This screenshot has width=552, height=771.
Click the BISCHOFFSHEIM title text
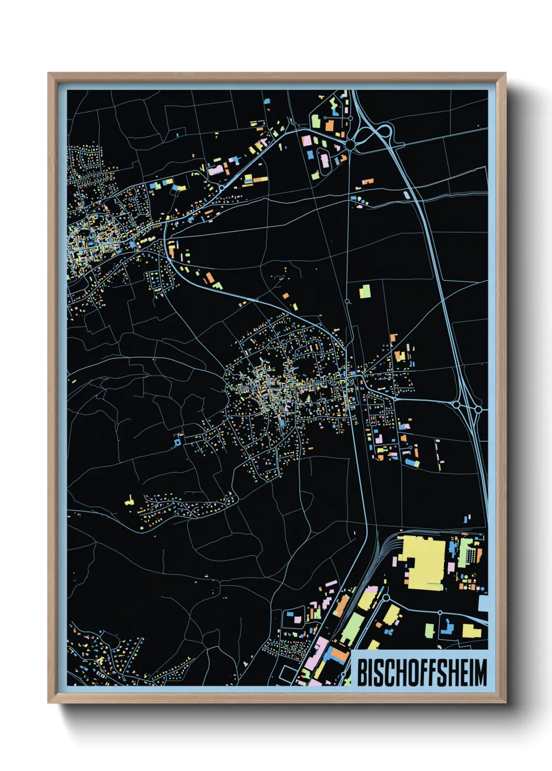tap(422, 673)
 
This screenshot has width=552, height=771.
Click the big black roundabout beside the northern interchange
tap(350, 143)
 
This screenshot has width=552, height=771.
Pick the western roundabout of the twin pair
tap(457, 404)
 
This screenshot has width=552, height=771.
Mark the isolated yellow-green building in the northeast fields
tap(365, 291)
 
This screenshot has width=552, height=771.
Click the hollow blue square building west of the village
tap(177, 442)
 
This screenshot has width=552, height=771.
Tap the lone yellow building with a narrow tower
tap(129, 502)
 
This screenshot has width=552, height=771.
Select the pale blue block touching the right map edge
tap(483, 604)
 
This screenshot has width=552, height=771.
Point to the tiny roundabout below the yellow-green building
tap(348, 301)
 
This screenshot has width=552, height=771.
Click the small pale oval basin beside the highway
tap(406, 195)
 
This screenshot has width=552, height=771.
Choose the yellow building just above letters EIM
tap(472, 631)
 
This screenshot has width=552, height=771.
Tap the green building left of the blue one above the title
tap(429, 630)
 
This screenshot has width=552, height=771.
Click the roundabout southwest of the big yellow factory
tap(387, 598)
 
